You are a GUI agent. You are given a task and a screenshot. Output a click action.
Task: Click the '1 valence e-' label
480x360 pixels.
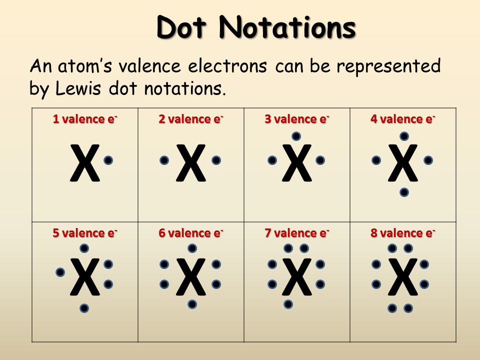[x=85, y=119]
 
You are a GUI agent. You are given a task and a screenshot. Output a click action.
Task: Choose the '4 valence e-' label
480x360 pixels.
[x=402, y=119]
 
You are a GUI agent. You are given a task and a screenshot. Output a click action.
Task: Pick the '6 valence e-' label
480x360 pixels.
[x=190, y=233]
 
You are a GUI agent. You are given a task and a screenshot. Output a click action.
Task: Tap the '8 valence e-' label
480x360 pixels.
[x=402, y=233]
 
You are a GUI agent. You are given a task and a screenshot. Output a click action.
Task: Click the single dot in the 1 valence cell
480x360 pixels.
[x=108, y=160]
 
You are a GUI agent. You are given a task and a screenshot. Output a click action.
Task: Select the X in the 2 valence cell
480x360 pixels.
[x=190, y=163]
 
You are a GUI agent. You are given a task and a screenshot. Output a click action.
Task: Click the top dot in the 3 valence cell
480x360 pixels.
[x=296, y=136]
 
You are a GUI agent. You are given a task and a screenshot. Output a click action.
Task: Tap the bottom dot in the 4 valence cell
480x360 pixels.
[x=404, y=192]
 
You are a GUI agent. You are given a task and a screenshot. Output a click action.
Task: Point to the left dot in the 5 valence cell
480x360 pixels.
[x=60, y=272]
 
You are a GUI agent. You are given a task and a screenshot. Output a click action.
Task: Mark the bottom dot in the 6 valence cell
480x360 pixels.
[x=192, y=304]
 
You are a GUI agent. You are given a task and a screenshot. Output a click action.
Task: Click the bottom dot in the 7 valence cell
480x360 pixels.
[x=288, y=304]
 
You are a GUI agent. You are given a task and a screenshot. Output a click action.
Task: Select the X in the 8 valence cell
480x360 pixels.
[x=402, y=277]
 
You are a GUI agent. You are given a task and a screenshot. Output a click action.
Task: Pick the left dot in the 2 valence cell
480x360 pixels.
[x=164, y=160]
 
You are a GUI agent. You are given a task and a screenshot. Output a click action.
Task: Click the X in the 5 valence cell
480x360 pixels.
[x=84, y=277]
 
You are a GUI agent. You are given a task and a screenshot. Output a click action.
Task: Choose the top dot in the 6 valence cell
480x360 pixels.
[x=192, y=248]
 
